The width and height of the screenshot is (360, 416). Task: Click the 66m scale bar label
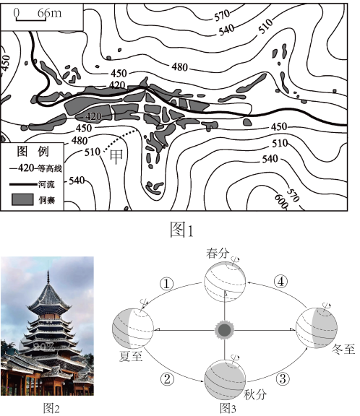50,12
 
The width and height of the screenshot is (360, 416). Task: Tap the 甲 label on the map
116,157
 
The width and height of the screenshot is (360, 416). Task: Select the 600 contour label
281,201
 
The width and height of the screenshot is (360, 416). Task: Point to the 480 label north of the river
180,67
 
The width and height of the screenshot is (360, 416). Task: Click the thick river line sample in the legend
23,184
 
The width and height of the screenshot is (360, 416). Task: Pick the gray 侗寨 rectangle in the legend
22,199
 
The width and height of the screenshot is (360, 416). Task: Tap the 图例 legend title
33,151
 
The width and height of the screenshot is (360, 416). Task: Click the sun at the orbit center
225,330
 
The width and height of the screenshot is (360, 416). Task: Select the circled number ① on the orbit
167,284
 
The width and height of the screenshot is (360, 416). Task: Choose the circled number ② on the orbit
167,378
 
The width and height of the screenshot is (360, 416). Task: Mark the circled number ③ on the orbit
283,378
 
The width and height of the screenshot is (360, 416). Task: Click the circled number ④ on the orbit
280,282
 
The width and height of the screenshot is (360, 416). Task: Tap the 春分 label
218,253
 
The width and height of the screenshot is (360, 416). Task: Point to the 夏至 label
131,356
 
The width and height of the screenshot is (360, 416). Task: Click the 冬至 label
343,349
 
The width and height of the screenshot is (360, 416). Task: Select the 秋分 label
255,395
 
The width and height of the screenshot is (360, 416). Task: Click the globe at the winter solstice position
317,328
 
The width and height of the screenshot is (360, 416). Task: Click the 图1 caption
182,230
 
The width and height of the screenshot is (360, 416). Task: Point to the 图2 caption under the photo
51,408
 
